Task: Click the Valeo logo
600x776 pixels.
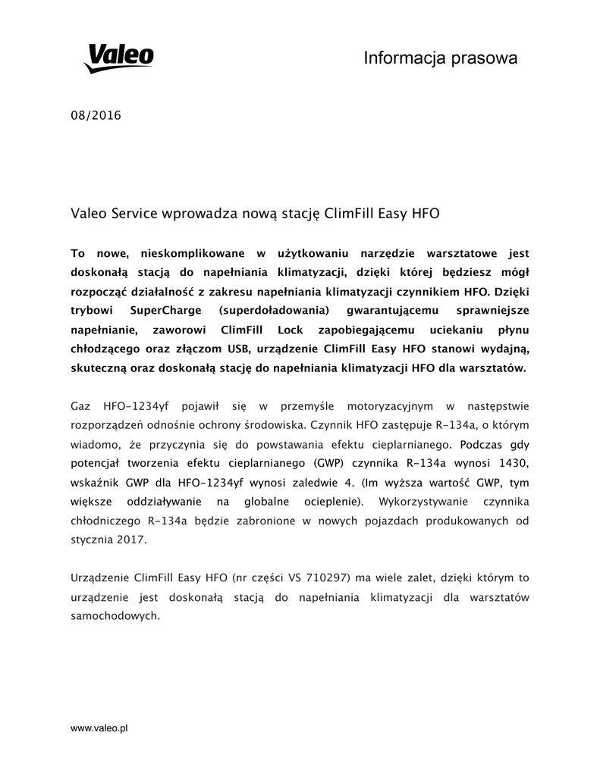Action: (x=118, y=57)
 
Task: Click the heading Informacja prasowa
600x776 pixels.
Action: (x=440, y=58)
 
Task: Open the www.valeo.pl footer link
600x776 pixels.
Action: (x=99, y=728)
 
